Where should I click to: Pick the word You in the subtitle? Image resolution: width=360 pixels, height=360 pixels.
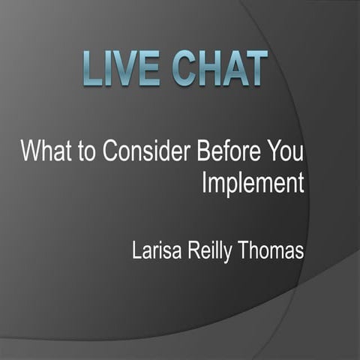point(286,151)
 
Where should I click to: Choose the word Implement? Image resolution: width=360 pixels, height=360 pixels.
point(253,184)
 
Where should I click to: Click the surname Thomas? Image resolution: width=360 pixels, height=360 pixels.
point(275,250)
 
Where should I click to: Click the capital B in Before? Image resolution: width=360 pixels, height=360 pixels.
point(202,151)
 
